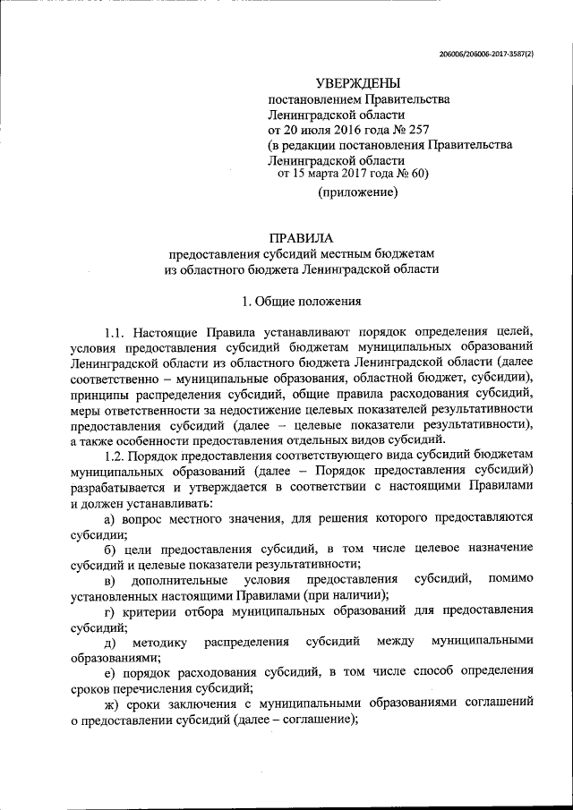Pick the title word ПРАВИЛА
301,238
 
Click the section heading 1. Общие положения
301,301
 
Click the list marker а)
111,517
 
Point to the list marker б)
111,548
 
